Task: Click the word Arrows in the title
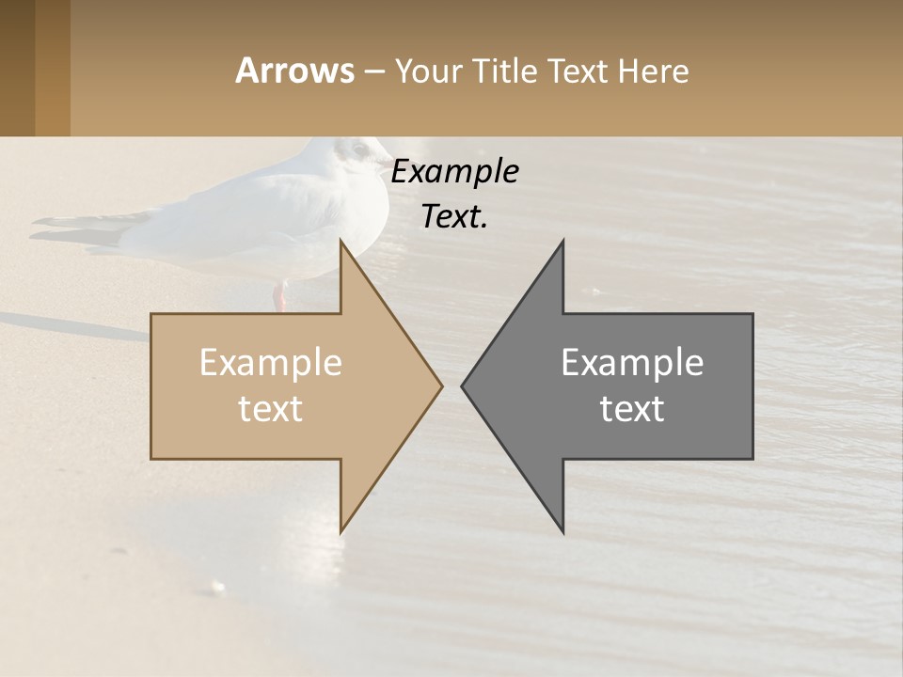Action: (x=294, y=71)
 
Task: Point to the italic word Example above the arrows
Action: (x=455, y=172)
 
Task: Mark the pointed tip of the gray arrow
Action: (x=465, y=386)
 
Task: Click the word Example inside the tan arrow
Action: (x=271, y=363)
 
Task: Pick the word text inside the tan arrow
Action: (x=271, y=409)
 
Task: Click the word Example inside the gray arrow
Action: (x=632, y=363)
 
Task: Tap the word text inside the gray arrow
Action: (x=632, y=409)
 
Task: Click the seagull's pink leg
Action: (x=279, y=296)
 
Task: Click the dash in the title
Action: (x=372, y=71)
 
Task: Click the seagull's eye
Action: (x=356, y=149)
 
